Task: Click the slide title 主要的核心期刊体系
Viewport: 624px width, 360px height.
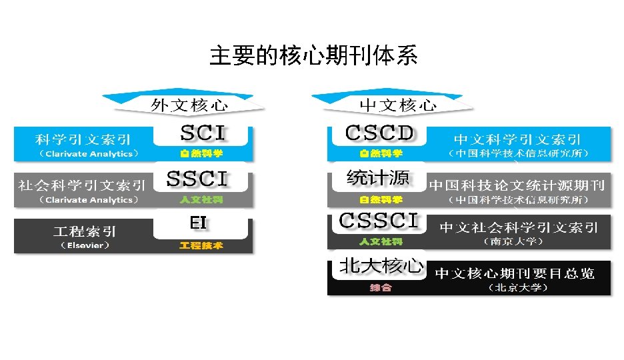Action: pyautogui.click(x=313, y=56)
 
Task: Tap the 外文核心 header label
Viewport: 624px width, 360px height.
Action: pyautogui.click(x=189, y=104)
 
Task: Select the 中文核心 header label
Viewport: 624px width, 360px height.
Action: pyautogui.click(x=398, y=104)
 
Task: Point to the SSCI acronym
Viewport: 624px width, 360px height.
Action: pyautogui.click(x=197, y=179)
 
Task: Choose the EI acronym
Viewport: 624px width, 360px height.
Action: pyautogui.click(x=198, y=223)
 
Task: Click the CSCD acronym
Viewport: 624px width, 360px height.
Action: pyautogui.click(x=379, y=133)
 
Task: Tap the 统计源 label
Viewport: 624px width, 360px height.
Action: pyautogui.click(x=377, y=178)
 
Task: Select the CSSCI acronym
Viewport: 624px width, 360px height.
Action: pyautogui.click(x=379, y=221)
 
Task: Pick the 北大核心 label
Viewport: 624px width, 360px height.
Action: pyautogui.click(x=381, y=266)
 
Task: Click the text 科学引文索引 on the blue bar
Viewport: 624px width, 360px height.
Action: pyautogui.click(x=83, y=139)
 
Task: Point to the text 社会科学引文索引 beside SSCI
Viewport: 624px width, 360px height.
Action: pyautogui.click(x=82, y=185)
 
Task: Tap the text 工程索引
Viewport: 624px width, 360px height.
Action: pyautogui.click(x=85, y=231)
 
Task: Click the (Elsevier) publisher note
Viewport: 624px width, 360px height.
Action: pyautogui.click(x=84, y=245)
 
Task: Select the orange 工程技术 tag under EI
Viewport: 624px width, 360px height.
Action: pyautogui.click(x=201, y=246)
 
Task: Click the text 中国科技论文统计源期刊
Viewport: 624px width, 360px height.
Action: pyautogui.click(x=517, y=185)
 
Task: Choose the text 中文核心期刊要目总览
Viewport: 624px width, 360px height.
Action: pyautogui.click(x=515, y=273)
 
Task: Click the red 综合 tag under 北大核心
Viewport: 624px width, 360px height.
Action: pyautogui.click(x=381, y=288)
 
